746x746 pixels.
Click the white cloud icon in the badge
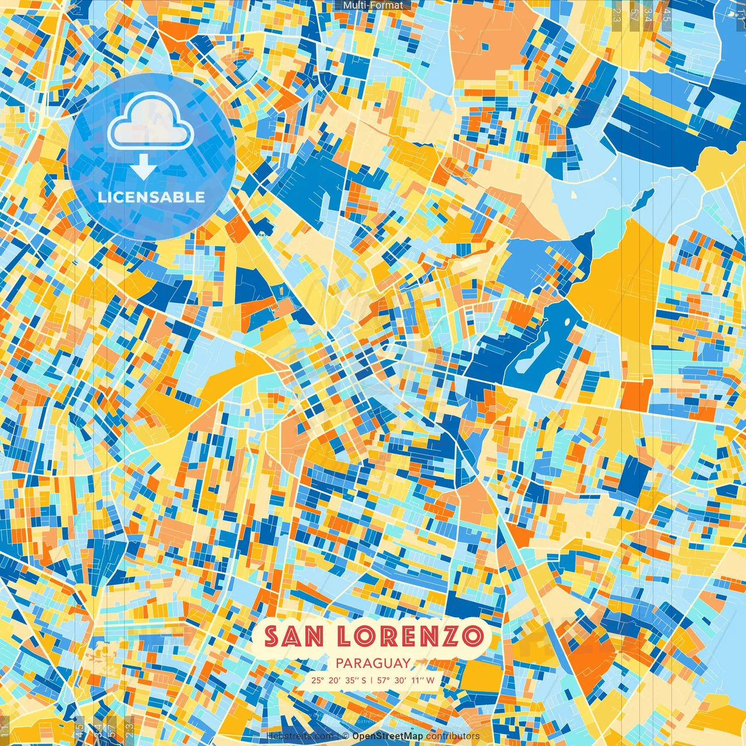(x=150, y=121)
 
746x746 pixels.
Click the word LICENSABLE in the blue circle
(x=151, y=197)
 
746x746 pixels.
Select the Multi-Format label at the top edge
(x=373, y=5)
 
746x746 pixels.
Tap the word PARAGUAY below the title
(x=373, y=663)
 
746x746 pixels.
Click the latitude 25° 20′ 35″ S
(x=339, y=680)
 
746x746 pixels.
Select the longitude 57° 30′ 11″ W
(x=406, y=680)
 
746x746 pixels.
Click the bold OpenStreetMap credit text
(x=388, y=736)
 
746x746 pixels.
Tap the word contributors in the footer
(x=453, y=736)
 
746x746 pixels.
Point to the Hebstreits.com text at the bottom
(x=300, y=736)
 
